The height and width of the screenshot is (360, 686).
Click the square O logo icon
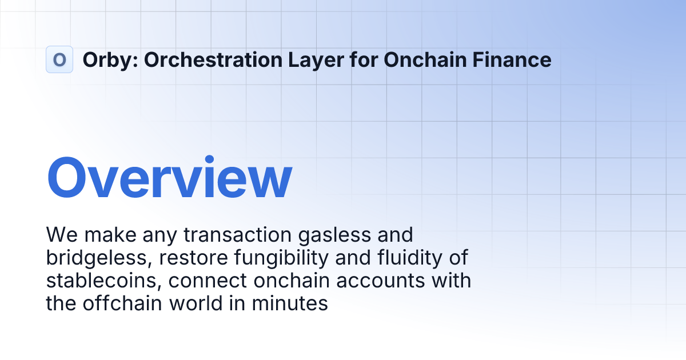pyautogui.click(x=59, y=59)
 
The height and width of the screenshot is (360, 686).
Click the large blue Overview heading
pyautogui.click(x=169, y=178)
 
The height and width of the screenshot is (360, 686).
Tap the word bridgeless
pyautogui.click(x=98, y=258)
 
